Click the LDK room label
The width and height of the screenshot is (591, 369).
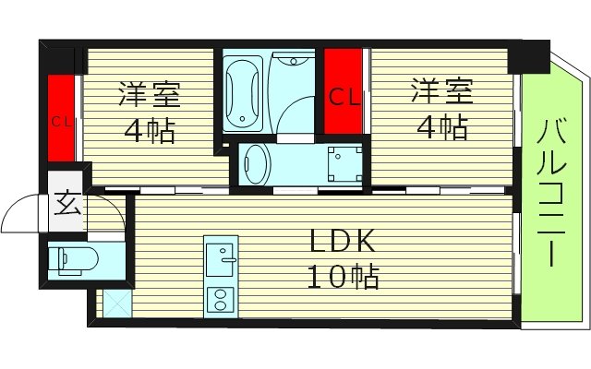click(x=341, y=242)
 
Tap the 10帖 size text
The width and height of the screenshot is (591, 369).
click(x=342, y=275)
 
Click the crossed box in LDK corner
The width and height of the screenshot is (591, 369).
click(x=116, y=303)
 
